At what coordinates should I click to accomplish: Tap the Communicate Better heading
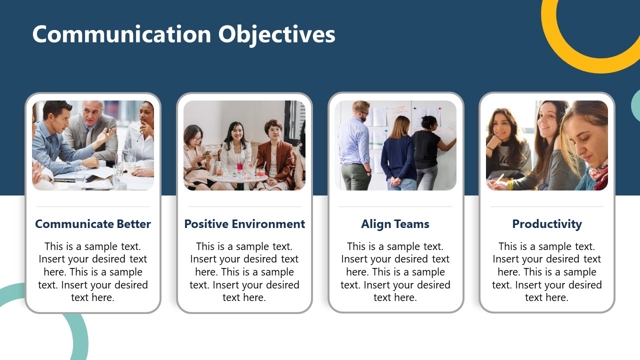tap(93, 224)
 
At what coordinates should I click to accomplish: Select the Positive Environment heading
tap(244, 224)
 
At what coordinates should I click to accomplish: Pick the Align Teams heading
tap(395, 224)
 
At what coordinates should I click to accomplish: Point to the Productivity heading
tap(546, 224)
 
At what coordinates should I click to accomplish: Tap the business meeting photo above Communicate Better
tap(93, 145)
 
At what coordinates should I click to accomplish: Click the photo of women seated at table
tap(244, 145)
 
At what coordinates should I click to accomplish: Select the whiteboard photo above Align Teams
tap(395, 145)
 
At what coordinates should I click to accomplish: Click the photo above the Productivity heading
tap(546, 145)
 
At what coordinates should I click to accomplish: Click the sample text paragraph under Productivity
tap(546, 271)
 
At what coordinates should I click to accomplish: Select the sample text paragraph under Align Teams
tap(395, 271)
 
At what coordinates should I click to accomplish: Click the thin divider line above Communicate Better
tap(93, 206)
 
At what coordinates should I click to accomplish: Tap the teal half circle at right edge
tap(635, 105)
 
